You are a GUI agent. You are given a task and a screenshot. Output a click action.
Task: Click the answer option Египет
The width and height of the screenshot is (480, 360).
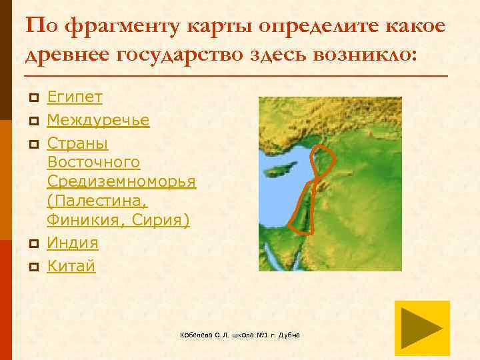coord(75,97)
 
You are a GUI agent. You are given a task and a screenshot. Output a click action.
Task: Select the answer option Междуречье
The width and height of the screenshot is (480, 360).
coord(98,121)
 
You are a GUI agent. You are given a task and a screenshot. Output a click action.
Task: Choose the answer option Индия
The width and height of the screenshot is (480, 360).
coord(73,243)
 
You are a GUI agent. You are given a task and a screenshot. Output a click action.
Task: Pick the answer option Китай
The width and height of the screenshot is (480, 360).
coord(71,267)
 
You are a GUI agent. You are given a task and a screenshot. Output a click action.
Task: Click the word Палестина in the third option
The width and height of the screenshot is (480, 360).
coord(97,201)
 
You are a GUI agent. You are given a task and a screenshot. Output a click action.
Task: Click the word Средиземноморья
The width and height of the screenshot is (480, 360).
coord(121,182)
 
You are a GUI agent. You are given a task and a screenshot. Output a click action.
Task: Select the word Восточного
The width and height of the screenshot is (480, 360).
coord(93,163)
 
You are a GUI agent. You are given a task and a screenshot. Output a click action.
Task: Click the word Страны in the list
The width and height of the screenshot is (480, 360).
coord(77,143)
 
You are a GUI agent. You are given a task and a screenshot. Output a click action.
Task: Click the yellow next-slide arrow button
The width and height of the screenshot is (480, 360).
coord(422,328)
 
